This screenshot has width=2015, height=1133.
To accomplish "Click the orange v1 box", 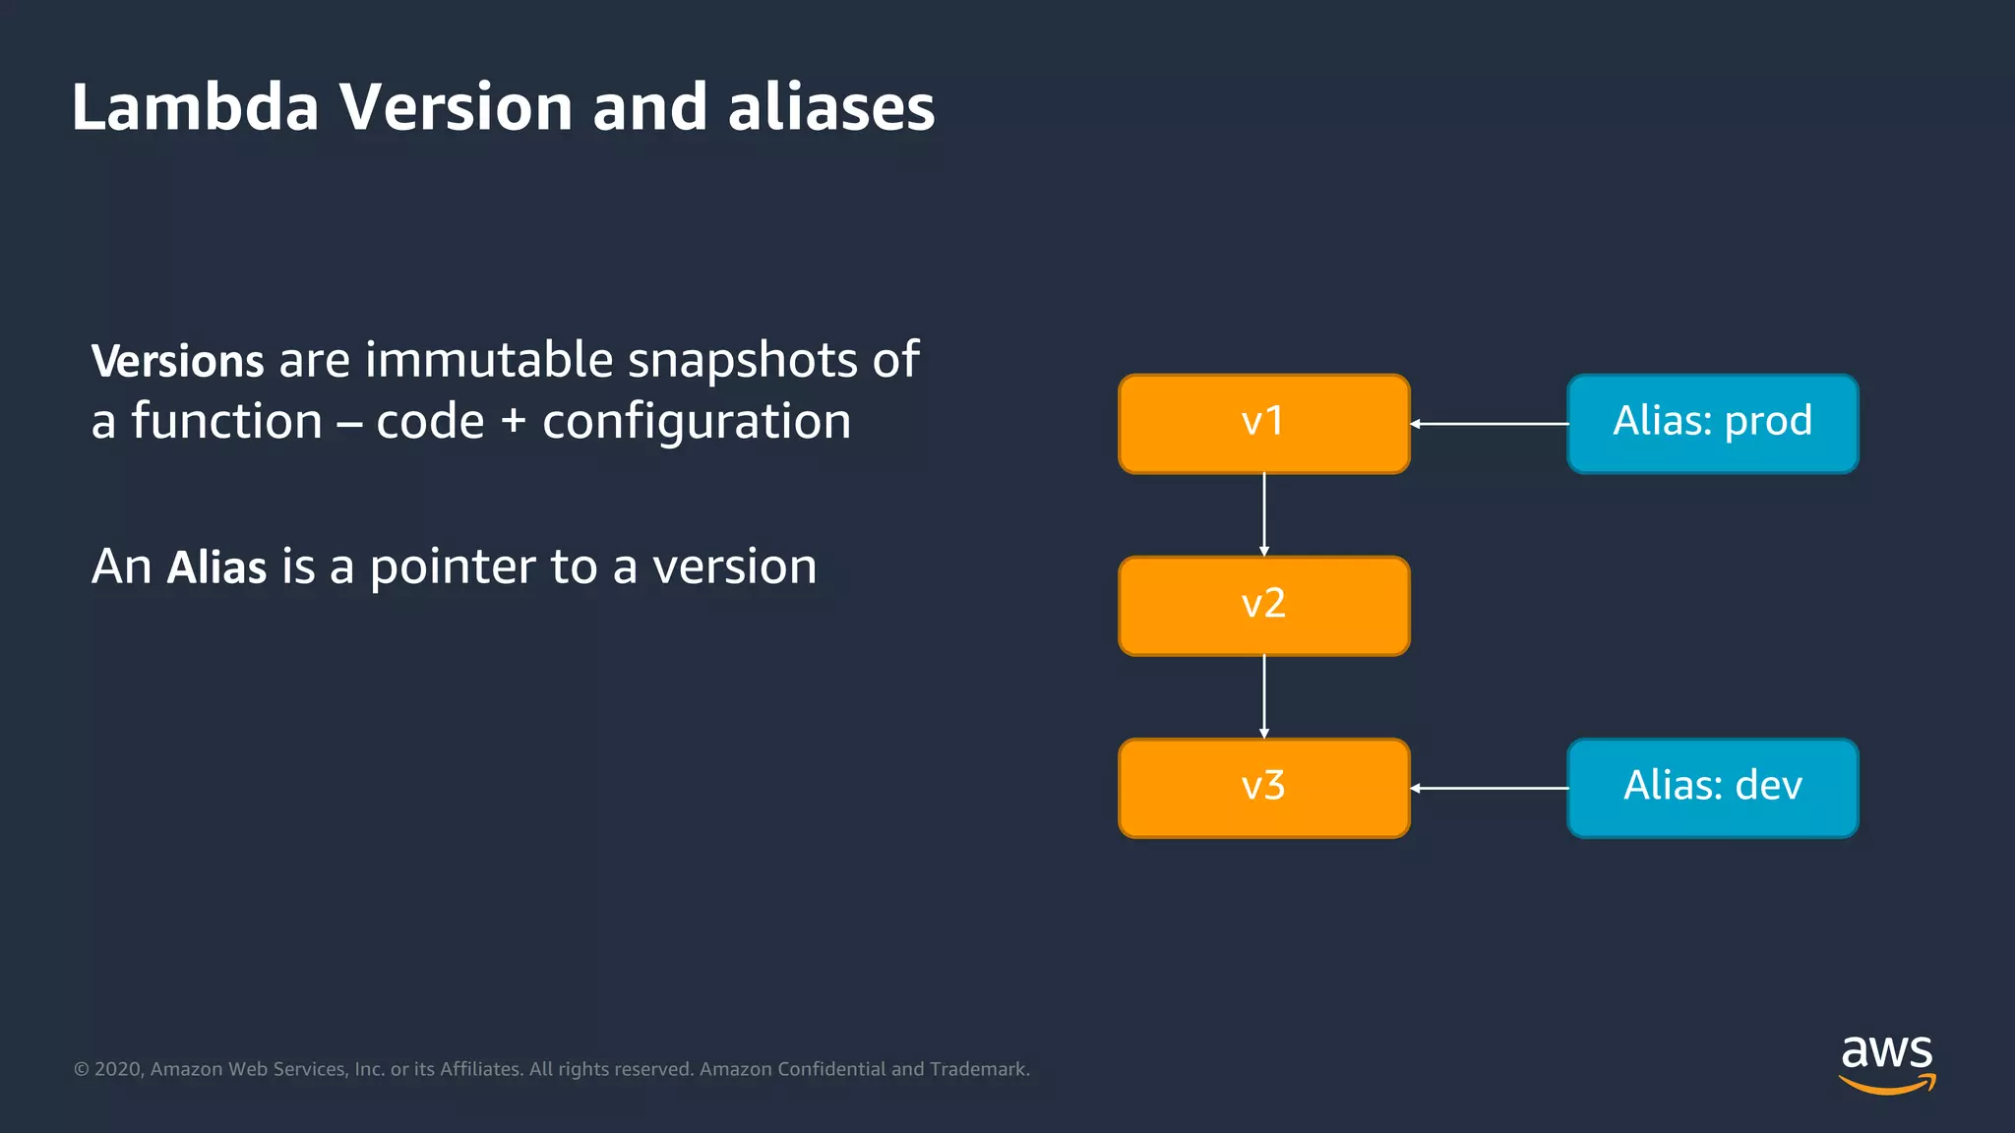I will pos(1263,423).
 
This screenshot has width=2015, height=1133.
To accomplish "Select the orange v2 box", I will pos(1263,605).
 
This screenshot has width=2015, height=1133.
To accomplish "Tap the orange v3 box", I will pos(1263,788).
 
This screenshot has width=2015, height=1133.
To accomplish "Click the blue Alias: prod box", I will pos(1712,423).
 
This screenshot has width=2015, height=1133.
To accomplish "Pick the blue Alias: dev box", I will pos(1712,788).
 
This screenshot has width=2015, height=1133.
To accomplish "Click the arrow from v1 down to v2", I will pos(1264,514).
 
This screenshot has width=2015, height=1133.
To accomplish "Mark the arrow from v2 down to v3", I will pos(1264,696).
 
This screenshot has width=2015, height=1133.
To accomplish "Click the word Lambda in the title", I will pos(195,107).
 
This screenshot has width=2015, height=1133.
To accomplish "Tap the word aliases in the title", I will pos(831,107).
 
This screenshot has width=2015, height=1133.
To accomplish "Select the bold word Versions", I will pos(177,361).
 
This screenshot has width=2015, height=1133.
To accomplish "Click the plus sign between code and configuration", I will pos(513,422).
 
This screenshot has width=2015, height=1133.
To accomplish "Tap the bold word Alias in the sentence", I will pos(216,567).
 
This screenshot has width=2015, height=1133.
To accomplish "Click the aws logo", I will pos(1886,1063).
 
